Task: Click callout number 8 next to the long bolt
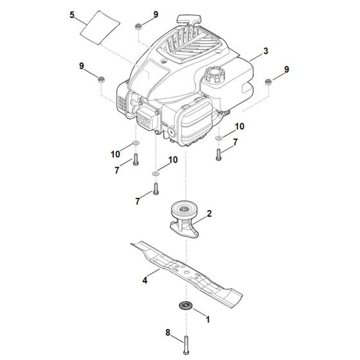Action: click(168, 333)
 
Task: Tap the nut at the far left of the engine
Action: click(100, 80)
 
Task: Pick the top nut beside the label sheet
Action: click(138, 26)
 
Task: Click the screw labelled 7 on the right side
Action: click(219, 152)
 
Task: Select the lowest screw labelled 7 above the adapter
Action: click(156, 189)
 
